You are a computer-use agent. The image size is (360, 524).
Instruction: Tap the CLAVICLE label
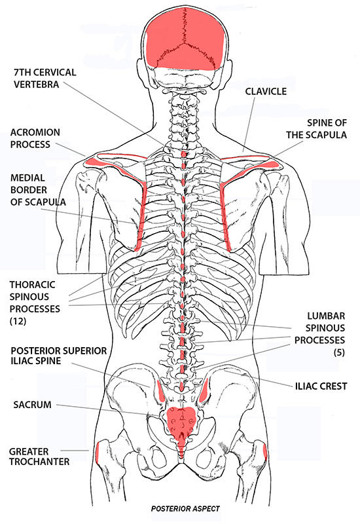(x=265, y=92)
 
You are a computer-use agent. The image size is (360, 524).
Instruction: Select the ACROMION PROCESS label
(x=41, y=138)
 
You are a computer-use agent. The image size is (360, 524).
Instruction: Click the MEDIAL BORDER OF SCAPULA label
(x=38, y=189)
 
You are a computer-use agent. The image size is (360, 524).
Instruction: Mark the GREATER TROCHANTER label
(x=39, y=457)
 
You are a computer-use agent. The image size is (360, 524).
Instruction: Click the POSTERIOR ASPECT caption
(x=183, y=508)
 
